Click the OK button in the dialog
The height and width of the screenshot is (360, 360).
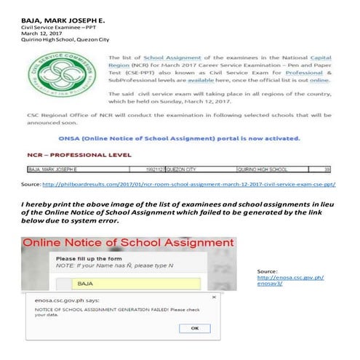tap(194, 328)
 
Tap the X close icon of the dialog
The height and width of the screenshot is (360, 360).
tap(212, 297)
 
